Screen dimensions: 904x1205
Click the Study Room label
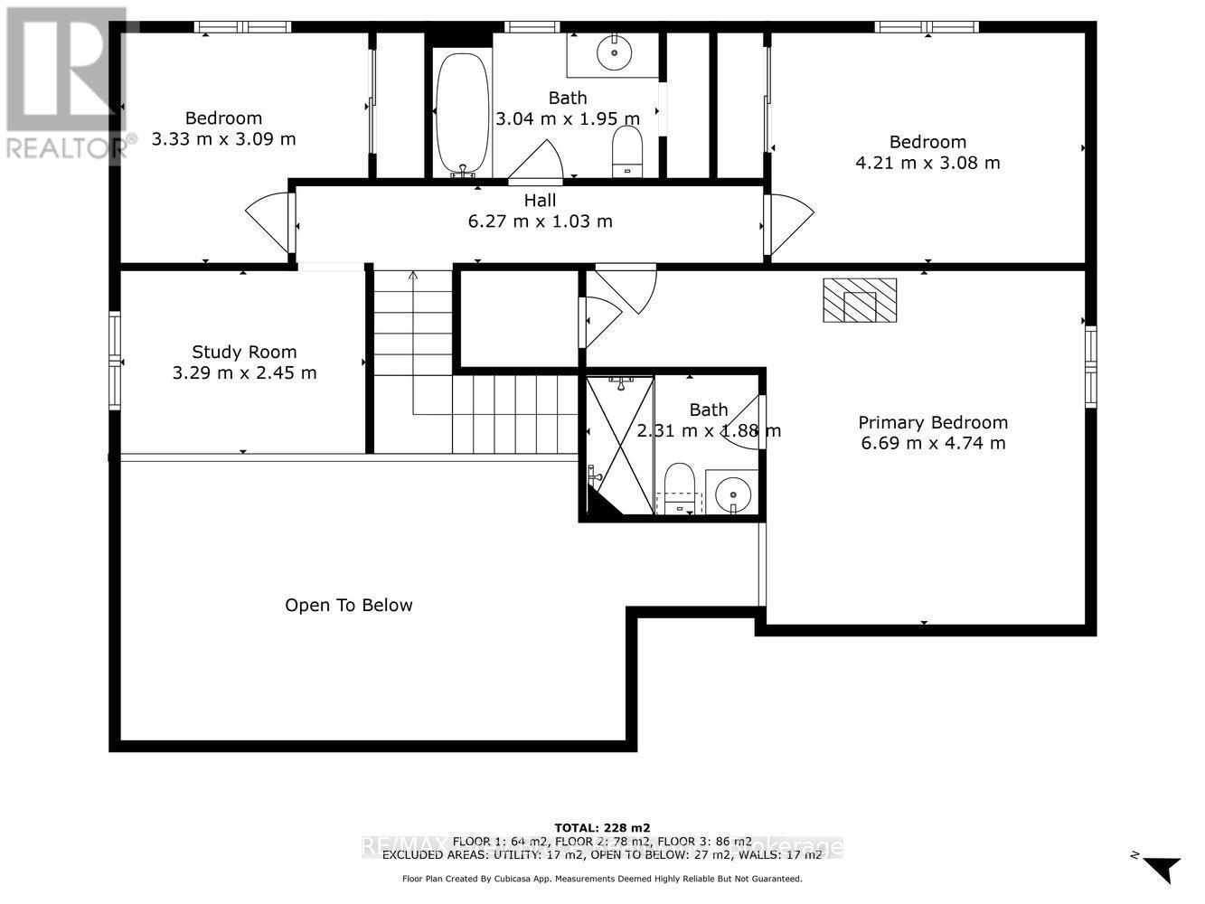pos(244,352)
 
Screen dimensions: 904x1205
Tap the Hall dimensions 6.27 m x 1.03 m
pos(540,221)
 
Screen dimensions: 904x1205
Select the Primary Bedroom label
pos(932,422)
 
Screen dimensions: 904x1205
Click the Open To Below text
pos(348,606)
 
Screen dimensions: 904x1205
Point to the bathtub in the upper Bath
pos(462,112)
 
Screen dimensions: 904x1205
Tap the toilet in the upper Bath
pos(626,150)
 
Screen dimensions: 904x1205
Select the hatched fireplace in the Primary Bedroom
pos(859,300)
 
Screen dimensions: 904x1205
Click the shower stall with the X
pos(620,445)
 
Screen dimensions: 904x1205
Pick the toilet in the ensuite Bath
pos(678,488)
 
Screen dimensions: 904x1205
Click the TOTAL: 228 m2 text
pos(601,827)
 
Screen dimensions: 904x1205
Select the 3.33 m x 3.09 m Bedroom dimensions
pos(223,139)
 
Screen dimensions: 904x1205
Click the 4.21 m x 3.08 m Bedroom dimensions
pos(927,163)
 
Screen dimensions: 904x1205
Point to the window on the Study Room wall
pos(115,361)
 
